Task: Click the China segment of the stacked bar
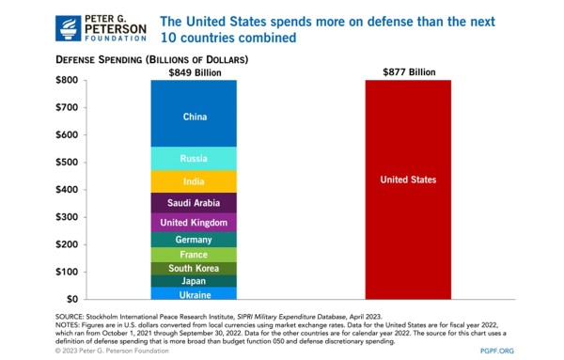(x=194, y=114)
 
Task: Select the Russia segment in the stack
(x=194, y=159)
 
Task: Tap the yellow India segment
(x=194, y=181)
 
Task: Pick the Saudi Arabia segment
(x=194, y=203)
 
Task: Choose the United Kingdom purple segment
(x=194, y=222)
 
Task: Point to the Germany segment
(x=194, y=240)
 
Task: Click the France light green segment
(x=194, y=255)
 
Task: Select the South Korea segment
(x=194, y=269)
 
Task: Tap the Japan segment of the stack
(x=194, y=281)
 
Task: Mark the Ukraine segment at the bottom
(x=194, y=293)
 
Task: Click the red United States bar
(x=408, y=190)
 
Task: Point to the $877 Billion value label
(x=409, y=72)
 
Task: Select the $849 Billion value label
(x=195, y=72)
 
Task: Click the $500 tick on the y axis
(x=67, y=163)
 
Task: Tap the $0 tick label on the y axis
(x=72, y=299)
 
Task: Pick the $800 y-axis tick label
(x=67, y=80)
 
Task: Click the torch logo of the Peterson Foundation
(x=68, y=28)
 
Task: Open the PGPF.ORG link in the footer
(x=496, y=351)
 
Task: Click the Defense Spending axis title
(x=151, y=59)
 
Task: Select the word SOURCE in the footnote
(x=69, y=317)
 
